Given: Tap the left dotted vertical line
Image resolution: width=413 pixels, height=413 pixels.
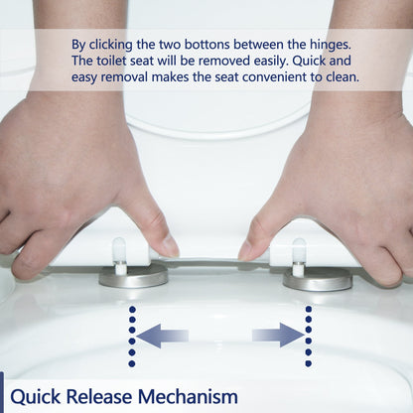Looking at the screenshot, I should pos(131,337).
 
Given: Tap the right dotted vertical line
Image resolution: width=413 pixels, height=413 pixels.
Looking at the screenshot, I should pos(309,337).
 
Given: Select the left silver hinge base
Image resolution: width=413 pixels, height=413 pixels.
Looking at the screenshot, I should pos(133,277).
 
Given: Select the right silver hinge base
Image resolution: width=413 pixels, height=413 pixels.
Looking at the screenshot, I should pos(318,279).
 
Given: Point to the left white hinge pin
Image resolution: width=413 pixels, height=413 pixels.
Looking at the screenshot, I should pos(119,253).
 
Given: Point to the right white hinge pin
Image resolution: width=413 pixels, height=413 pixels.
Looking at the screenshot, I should pos(299,254).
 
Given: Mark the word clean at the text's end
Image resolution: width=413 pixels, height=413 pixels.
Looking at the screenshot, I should pos(341,76).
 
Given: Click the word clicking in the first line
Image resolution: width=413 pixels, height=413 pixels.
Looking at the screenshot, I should pos(118,45).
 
